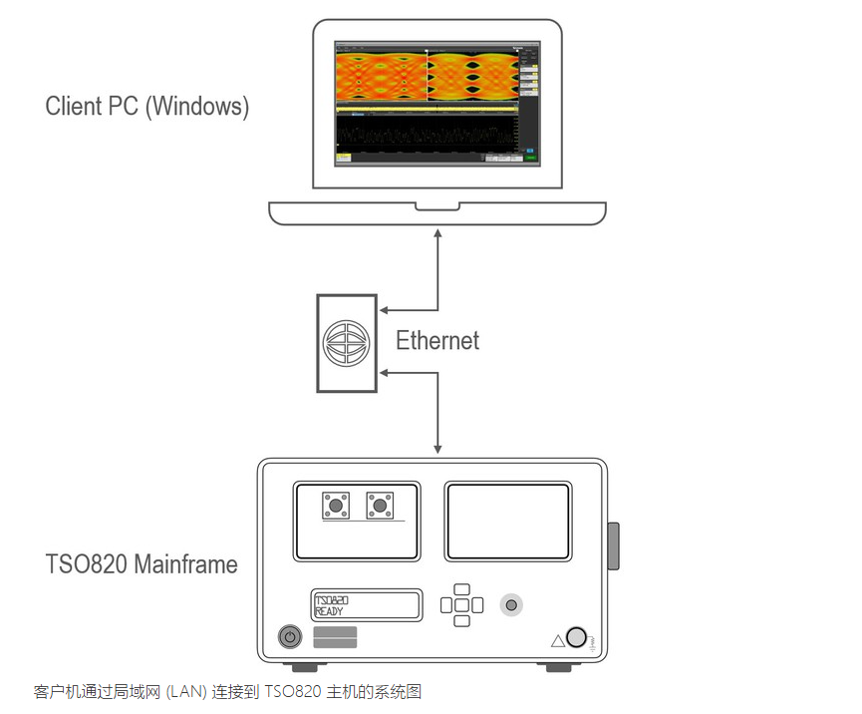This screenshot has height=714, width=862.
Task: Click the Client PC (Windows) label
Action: pos(146,106)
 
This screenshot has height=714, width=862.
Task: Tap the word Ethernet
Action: pos(437,340)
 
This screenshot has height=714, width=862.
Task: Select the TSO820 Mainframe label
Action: pos(142,564)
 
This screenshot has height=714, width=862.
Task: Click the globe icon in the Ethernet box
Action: pos(347,342)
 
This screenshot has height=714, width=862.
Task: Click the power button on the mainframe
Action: pos(290,636)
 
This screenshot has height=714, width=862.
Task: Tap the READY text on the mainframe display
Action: pos(330,611)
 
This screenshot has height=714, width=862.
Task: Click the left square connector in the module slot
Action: pos(336,507)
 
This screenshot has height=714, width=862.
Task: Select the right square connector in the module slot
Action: pos(379,507)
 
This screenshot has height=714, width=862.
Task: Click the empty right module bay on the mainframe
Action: pos(506,522)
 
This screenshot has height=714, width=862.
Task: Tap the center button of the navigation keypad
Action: pos(461,604)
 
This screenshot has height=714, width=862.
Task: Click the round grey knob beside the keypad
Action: pos(511,604)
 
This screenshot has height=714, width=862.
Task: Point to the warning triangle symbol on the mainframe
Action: pos(557,639)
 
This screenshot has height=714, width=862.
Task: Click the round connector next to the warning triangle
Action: pos(576,637)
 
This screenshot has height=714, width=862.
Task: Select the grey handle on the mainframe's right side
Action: pos(614,545)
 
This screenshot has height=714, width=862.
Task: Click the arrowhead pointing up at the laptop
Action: pos(437,233)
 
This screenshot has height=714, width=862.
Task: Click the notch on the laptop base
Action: pos(436,206)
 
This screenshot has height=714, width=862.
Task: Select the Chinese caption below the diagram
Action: pos(228,690)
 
